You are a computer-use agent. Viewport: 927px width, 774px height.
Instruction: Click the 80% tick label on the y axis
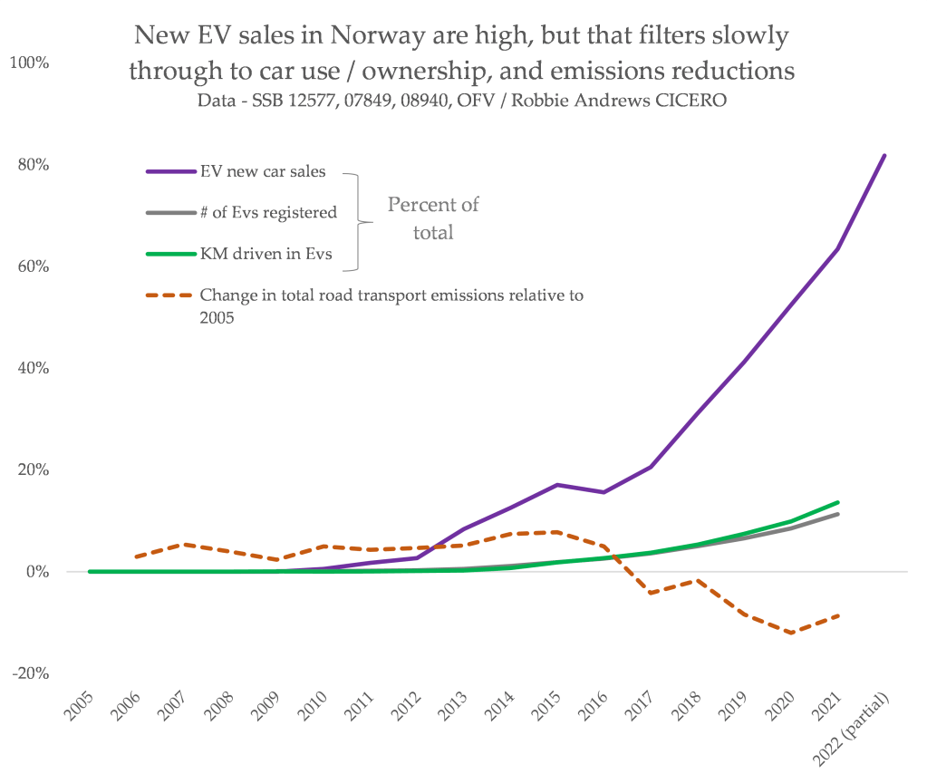coord(30,165)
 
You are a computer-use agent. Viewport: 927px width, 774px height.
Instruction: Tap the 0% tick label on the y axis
coord(34,572)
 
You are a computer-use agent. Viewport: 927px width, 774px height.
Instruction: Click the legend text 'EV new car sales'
coord(263,172)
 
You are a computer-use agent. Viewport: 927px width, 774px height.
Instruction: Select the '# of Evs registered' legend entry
coord(268,213)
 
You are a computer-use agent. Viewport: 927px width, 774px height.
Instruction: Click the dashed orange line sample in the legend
coord(169,295)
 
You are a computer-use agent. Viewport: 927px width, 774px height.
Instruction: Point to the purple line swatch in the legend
coord(169,172)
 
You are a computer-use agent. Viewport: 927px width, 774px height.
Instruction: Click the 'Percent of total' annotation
coord(433,218)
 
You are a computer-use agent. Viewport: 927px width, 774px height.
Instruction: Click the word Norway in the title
coord(374,36)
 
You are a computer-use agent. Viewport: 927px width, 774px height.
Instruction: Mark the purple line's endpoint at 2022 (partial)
coord(884,155)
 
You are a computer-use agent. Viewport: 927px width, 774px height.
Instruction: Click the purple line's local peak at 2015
coord(556,485)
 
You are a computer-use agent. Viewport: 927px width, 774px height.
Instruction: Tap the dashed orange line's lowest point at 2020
coord(791,633)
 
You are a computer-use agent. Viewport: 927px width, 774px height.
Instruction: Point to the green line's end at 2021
coord(838,502)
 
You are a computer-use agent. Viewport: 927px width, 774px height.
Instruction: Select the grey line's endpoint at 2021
coord(838,514)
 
